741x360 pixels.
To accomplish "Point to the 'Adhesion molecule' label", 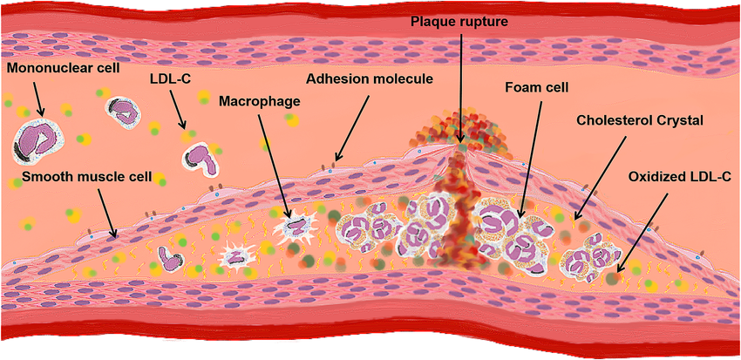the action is [369, 78].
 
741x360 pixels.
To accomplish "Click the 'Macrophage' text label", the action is [260, 102].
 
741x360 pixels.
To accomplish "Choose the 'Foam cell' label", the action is [537, 87].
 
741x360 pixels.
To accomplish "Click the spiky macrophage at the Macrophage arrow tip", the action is [293, 227].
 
